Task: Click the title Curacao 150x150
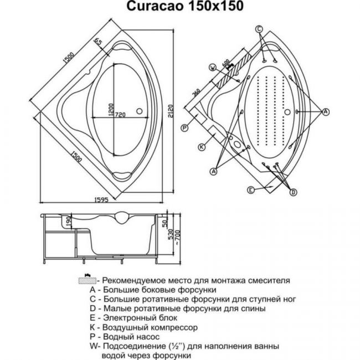[x=185, y=6]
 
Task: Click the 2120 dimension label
[x=170, y=111]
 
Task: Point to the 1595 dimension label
[x=101, y=200]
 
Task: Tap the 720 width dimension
[x=120, y=114]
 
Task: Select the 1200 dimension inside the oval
[x=111, y=110]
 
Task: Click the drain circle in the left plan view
[x=140, y=111]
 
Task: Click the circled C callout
[x=259, y=29]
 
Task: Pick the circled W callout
[x=213, y=67]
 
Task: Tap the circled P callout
[x=184, y=127]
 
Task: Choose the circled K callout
[x=202, y=147]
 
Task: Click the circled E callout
[x=251, y=190]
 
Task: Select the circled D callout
[x=293, y=192]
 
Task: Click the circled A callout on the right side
[x=326, y=112]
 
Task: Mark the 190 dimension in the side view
[x=69, y=222]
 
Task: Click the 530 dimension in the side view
[x=170, y=234]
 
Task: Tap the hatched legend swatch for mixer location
[x=88, y=281]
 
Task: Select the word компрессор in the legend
[x=172, y=328]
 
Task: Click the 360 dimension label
[x=196, y=92]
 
